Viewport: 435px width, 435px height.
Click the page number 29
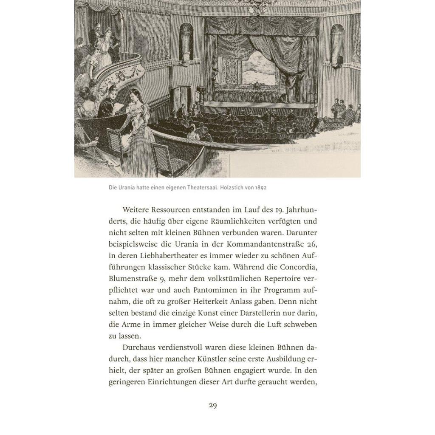tap(213, 406)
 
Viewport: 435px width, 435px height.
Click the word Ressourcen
tap(168, 210)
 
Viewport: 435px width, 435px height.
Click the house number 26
tap(311, 245)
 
